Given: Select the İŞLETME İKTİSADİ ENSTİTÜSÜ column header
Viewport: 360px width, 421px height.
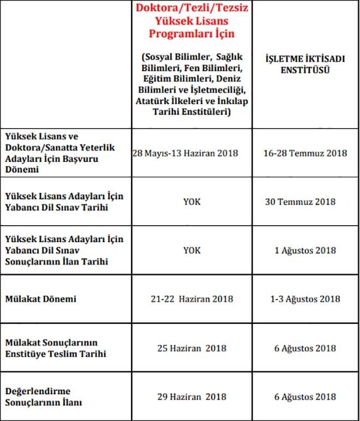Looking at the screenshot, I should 305,64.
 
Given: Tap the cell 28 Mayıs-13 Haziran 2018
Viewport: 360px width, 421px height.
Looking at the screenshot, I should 185,153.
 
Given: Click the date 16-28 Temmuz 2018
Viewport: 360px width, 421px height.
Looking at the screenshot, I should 305,153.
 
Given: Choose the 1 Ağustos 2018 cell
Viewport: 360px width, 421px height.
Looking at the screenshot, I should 305,250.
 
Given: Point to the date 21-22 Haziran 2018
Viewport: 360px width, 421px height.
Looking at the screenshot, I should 191,299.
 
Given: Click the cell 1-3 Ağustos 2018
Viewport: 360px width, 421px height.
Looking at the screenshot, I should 305,299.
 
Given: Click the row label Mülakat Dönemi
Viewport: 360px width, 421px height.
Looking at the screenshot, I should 41,299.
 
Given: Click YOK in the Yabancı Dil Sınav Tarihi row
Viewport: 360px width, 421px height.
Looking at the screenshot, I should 191,202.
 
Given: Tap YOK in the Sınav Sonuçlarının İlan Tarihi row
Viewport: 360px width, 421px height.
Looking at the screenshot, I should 191,250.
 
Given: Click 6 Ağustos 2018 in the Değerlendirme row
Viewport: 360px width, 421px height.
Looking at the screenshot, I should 305,396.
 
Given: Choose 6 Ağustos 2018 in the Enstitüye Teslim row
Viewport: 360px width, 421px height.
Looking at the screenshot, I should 305,348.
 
